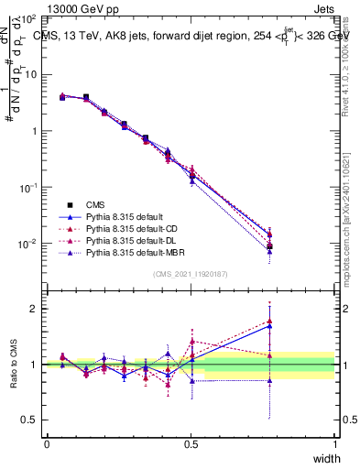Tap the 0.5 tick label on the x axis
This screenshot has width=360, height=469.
click(191, 444)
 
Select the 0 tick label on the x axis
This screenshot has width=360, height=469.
click(47, 444)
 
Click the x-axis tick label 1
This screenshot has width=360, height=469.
click(334, 444)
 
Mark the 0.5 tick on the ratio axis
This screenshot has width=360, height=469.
click(34, 420)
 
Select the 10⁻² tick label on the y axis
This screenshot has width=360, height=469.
click(31, 244)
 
